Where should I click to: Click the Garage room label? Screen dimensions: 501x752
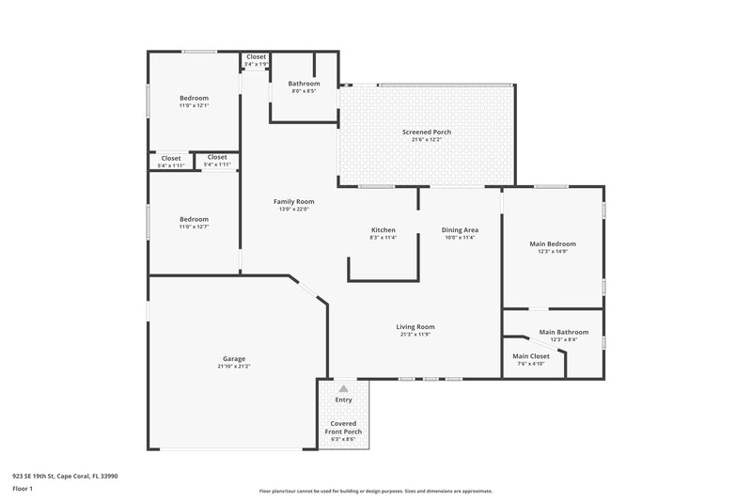[234, 359]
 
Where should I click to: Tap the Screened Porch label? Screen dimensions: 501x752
[427, 132]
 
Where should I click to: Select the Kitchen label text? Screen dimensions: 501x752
[383, 229]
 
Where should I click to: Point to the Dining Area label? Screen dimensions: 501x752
[461, 229]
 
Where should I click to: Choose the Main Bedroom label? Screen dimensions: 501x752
[553, 243]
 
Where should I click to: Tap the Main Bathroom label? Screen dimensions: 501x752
[564, 332]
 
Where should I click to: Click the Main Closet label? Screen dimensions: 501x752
[531, 355]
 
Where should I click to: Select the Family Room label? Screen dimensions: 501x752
[293, 201]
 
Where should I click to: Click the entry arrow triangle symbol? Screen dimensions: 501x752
[343, 387]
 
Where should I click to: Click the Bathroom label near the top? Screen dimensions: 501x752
[304, 84]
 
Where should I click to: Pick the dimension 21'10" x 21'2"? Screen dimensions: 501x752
[234, 367]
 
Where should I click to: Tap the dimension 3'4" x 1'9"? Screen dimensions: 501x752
[257, 64]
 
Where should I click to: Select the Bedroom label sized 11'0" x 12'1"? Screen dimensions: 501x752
[194, 98]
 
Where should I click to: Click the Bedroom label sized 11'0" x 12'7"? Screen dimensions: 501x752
[194, 218]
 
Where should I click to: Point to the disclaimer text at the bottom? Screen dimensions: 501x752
[375, 491]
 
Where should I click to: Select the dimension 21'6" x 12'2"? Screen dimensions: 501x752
[427, 140]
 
